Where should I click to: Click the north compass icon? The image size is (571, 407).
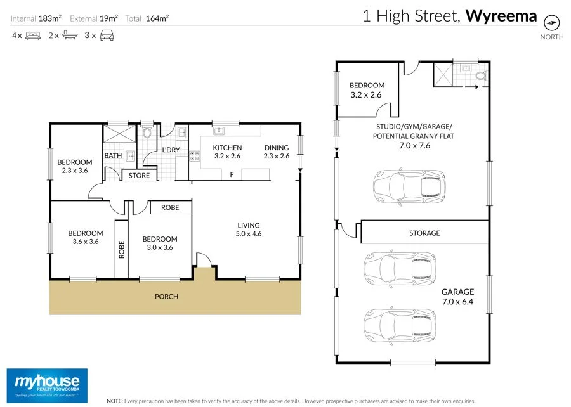tap(553, 23)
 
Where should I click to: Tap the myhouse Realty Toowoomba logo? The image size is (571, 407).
tap(48, 384)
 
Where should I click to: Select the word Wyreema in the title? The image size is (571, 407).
tap(501, 16)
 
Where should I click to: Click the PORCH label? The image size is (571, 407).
tap(166, 297)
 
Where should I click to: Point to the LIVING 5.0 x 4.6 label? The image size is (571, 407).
tap(249, 229)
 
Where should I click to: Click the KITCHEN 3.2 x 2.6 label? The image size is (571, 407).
tap(227, 152)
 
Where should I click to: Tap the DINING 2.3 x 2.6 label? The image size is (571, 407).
tap(276, 152)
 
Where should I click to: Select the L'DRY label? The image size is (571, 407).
tap(171, 150)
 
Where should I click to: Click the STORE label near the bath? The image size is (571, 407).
tap(139, 176)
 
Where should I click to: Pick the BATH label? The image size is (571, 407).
tap(113, 155)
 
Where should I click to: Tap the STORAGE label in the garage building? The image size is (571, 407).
tap(424, 233)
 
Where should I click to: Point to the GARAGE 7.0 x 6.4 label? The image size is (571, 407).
tap(457, 297)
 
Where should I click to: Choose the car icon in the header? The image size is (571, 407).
tap(107, 36)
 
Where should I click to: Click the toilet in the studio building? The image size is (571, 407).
tap(480, 77)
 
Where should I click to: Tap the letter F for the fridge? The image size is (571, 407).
tap(232, 174)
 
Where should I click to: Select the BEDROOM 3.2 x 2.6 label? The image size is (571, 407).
tap(367, 90)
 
